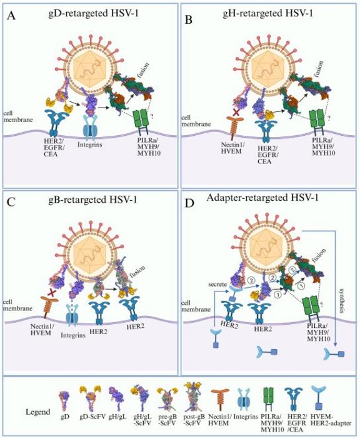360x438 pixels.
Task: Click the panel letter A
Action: click(12, 16)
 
